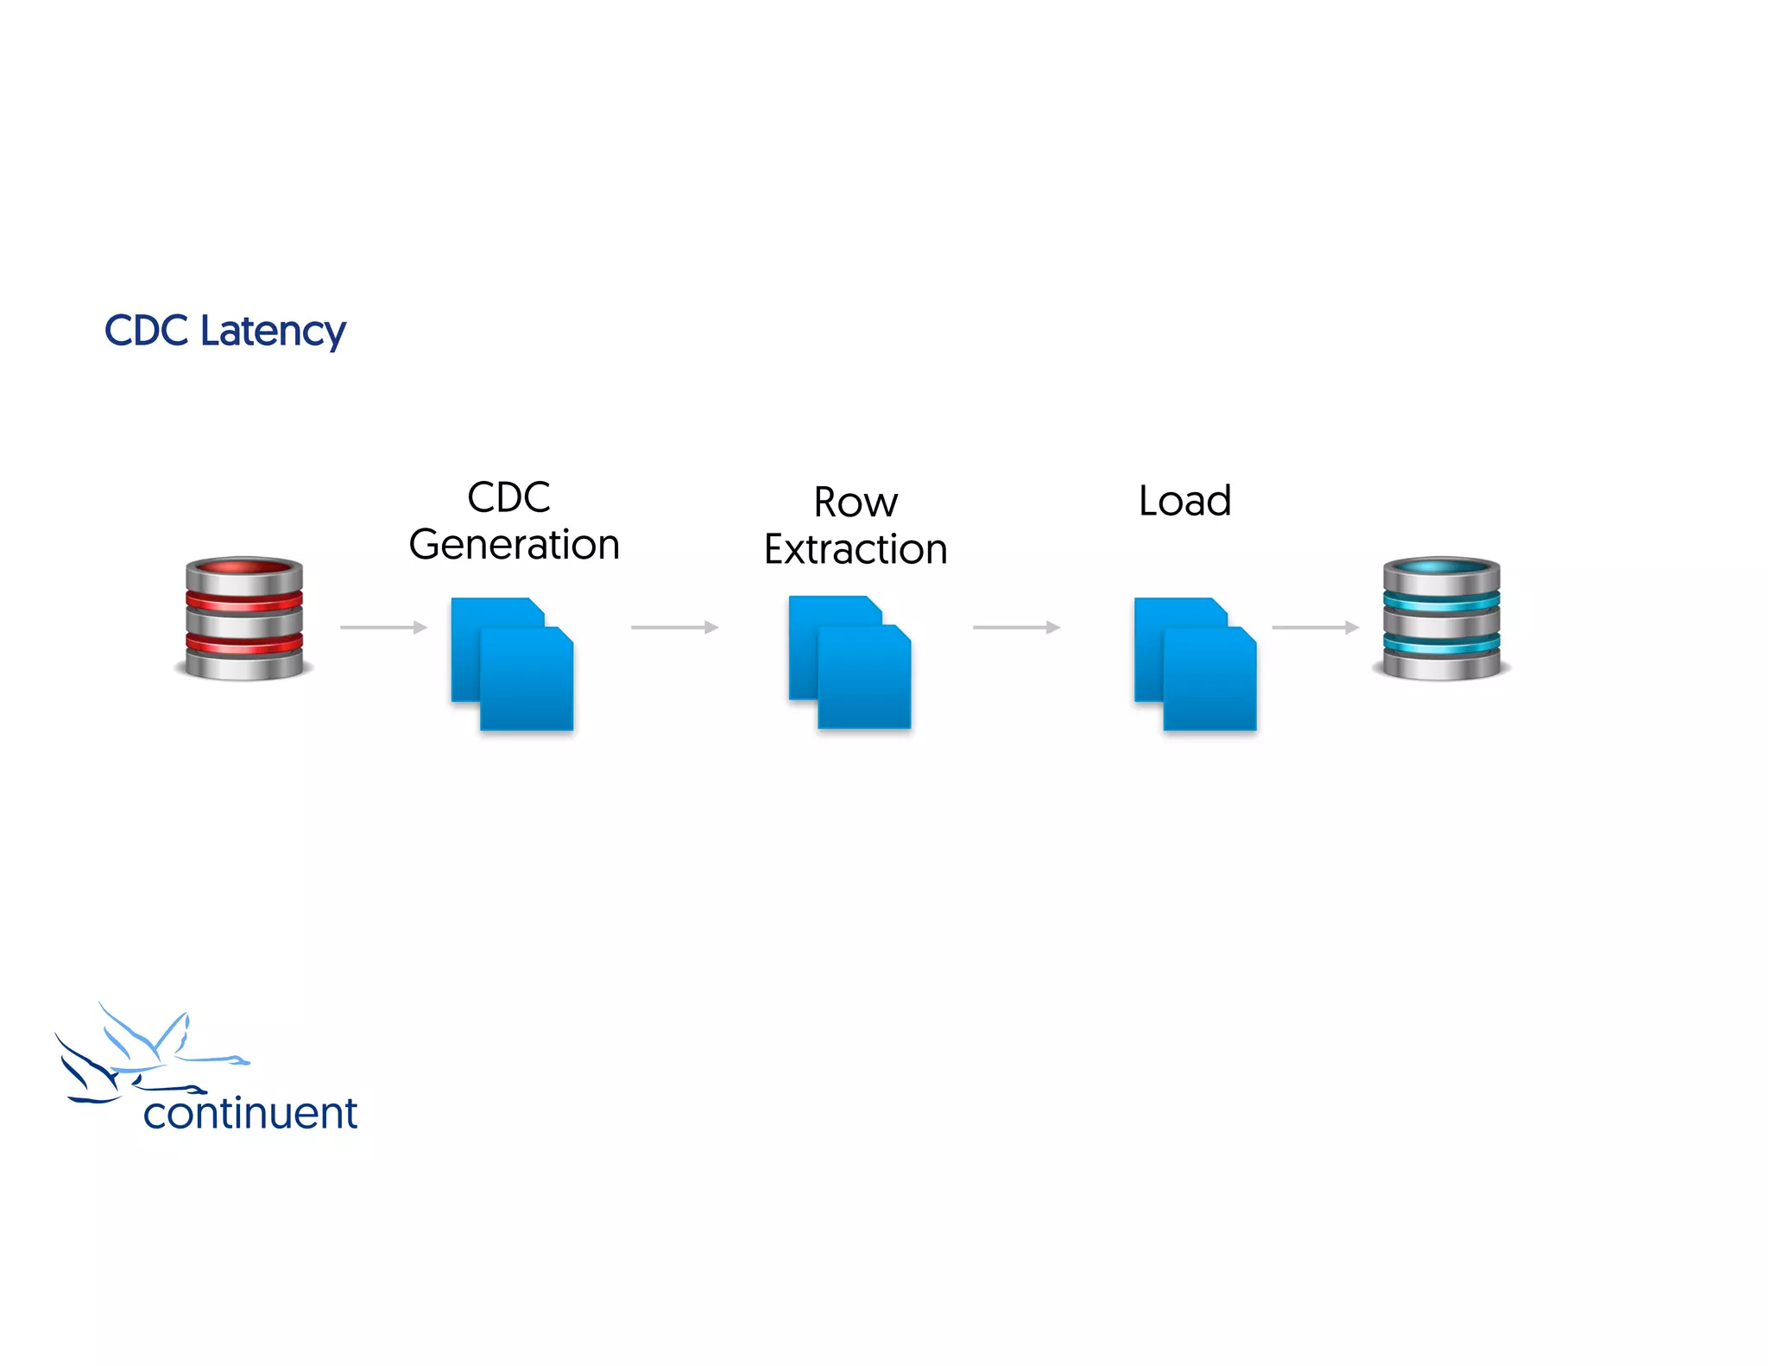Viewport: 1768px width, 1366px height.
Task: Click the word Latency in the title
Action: (273, 332)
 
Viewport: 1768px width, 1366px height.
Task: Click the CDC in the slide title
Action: (146, 331)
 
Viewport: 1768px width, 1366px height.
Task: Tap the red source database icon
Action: (244, 618)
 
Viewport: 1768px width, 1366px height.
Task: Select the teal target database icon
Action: (1441, 618)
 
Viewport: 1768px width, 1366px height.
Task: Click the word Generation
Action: (515, 545)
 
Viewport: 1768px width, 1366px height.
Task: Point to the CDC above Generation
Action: (508, 497)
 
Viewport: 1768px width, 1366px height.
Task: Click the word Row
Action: (856, 503)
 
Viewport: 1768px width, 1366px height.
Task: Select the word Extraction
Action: (856, 549)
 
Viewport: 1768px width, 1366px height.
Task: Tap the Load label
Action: (1184, 501)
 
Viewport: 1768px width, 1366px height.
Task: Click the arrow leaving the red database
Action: (383, 627)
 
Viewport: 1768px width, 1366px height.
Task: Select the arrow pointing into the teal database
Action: (1315, 627)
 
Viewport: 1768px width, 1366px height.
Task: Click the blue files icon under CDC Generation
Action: (513, 663)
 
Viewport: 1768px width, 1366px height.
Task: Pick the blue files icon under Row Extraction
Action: (850, 662)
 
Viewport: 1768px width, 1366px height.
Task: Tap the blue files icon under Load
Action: (1196, 663)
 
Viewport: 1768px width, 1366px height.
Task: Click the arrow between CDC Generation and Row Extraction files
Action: (674, 627)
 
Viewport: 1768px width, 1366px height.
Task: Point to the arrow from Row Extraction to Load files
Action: (1016, 627)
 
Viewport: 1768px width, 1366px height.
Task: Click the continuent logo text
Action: (250, 1113)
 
